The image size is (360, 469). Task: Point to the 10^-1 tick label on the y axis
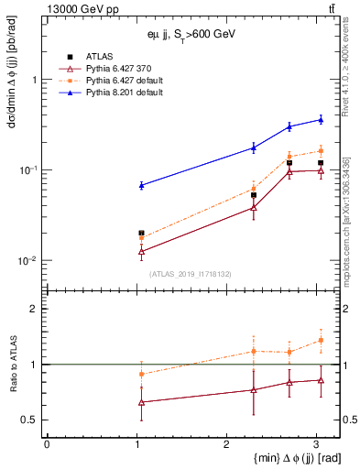click(28, 170)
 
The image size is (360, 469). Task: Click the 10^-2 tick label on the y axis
click(28, 261)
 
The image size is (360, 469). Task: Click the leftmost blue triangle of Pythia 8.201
click(141, 185)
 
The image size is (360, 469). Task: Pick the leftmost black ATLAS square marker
click(141, 233)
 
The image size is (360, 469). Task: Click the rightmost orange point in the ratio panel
click(321, 340)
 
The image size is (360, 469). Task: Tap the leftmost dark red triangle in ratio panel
click(141, 402)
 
